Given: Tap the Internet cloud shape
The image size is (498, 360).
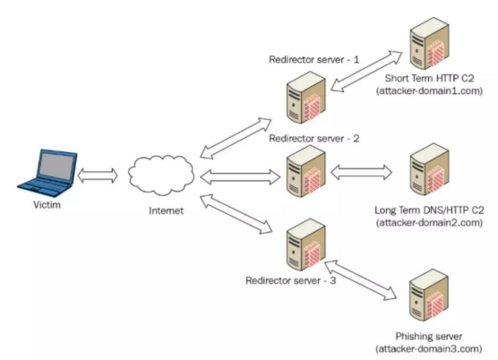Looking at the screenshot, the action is (161, 176).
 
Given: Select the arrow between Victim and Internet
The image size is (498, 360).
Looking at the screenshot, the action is (98, 176).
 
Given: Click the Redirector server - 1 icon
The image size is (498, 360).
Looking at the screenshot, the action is (306, 97).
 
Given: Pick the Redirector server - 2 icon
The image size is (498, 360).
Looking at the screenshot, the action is (306, 171).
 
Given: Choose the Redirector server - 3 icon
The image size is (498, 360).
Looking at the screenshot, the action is (306, 244).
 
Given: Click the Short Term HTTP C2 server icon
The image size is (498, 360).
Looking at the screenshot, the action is (429, 44).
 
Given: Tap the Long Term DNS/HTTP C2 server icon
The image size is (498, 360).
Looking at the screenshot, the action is (429, 169).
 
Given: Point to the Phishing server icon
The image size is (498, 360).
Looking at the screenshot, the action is (429, 296).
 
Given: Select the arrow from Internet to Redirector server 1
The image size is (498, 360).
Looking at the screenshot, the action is (236, 139).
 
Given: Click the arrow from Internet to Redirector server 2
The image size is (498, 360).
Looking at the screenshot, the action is (240, 176).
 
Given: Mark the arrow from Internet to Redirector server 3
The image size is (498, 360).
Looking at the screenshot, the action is (236, 214).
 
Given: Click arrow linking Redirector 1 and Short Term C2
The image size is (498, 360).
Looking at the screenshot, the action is (366, 71).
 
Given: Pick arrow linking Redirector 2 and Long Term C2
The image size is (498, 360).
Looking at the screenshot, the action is (362, 172).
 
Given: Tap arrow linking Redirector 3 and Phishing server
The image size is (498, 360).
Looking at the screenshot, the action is (360, 280).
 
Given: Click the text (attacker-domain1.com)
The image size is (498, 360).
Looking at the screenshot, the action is (429, 91).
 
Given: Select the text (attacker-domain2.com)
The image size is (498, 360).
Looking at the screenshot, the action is (429, 223).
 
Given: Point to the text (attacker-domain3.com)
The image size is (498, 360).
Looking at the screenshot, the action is (429, 349).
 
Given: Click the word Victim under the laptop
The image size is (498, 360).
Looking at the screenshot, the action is (47, 205).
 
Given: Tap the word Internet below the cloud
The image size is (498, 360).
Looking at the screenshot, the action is (166, 210).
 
